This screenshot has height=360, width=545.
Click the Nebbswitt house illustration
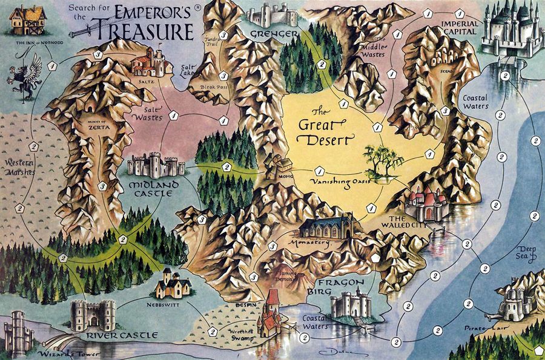[173, 284]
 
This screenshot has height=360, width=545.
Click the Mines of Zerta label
[100, 125]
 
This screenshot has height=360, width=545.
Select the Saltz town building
[150, 61]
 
